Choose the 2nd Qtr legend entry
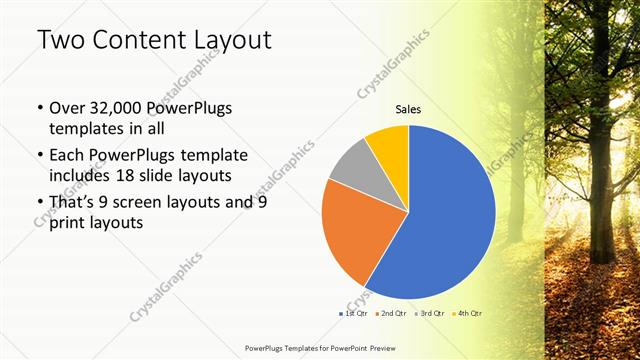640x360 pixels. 392,314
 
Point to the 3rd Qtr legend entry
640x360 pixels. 431,314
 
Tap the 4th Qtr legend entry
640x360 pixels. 470,314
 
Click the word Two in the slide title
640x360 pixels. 60,40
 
